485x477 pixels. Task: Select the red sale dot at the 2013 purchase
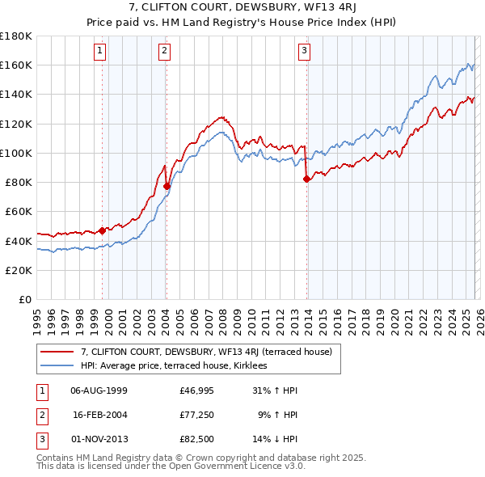[x=306, y=179]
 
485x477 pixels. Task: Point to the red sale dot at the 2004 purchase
[x=167, y=186]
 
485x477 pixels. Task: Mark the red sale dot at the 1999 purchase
[x=103, y=230]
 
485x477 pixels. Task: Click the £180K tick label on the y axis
[x=15, y=36]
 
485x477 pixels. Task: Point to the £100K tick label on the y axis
[x=15, y=153]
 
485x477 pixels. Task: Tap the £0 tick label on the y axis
[x=23, y=299]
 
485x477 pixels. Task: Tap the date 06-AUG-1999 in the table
[x=99, y=390]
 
